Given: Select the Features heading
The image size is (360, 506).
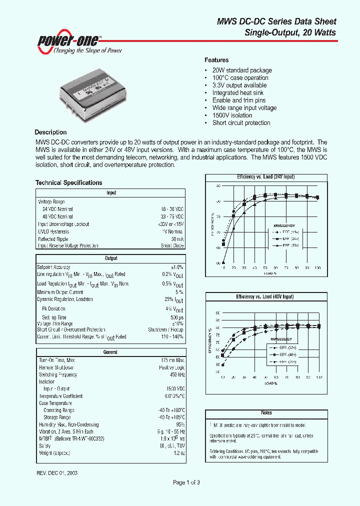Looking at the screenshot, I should pyautogui.click(x=216, y=60).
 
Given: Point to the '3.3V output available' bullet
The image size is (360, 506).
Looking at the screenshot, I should pyautogui.click(x=239, y=85).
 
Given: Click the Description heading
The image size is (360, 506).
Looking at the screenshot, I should pyautogui.click(x=50, y=132).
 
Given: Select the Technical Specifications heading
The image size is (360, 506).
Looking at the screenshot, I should pyautogui.click(x=68, y=183).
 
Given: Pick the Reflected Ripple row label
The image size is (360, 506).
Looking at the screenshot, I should pyautogui.click(x=53, y=239).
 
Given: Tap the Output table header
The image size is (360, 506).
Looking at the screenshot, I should pyautogui.click(x=110, y=258).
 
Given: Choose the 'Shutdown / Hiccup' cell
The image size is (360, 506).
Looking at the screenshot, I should pyautogui.click(x=165, y=330).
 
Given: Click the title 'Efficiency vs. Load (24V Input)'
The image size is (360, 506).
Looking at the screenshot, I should pyautogui.click(x=265, y=177).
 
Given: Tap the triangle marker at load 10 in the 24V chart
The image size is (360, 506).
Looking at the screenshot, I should pyautogui.click(x=223, y=262).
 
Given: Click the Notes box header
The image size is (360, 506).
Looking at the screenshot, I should pyautogui.click(x=266, y=413).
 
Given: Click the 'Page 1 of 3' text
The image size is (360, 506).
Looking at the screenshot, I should pyautogui.click(x=186, y=482).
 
